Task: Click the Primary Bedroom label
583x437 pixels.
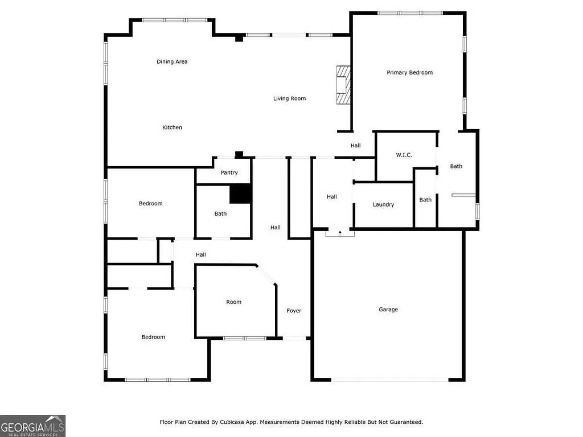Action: click(x=409, y=72)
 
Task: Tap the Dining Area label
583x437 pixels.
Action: click(x=172, y=61)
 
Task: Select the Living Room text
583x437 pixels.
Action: click(x=289, y=98)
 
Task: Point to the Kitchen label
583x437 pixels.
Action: click(x=172, y=127)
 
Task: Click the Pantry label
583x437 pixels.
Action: click(x=229, y=173)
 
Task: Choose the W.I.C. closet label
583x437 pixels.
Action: click(x=404, y=155)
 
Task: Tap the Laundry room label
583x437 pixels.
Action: click(x=383, y=204)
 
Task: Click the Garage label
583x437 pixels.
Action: click(x=388, y=310)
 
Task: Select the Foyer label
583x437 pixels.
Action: click(x=294, y=311)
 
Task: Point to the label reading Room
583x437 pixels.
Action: click(x=233, y=302)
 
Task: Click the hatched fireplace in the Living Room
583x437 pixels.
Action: click(x=343, y=85)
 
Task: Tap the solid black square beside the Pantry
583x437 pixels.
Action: click(x=240, y=193)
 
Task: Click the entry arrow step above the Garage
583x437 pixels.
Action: click(x=340, y=232)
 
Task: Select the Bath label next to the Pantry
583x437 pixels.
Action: click(x=220, y=214)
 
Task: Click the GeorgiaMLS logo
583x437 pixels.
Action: click(x=32, y=426)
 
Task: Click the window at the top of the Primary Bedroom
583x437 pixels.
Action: click(x=409, y=13)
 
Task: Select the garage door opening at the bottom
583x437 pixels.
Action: click(x=390, y=380)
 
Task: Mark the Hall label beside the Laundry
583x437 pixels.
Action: click(x=331, y=197)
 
